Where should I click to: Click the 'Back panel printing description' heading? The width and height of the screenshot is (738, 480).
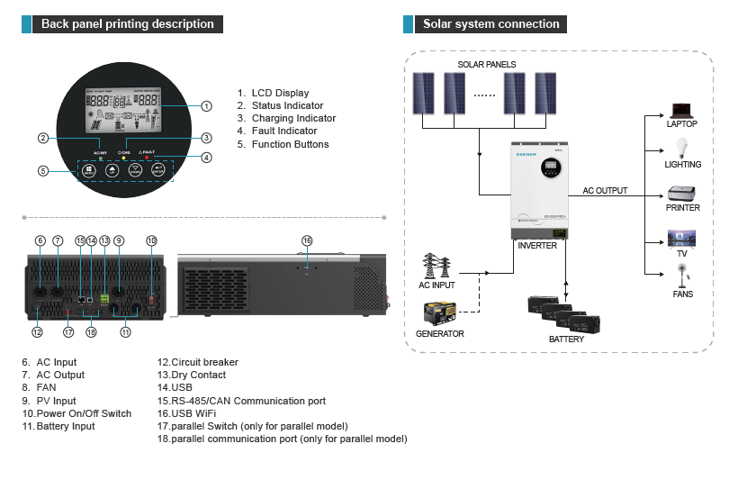[x=127, y=24]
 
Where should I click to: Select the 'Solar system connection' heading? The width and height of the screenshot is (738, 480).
[x=490, y=24]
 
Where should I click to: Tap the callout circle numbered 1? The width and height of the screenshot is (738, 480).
[x=206, y=106]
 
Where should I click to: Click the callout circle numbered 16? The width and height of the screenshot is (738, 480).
[x=307, y=240]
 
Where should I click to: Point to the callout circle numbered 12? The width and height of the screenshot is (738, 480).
[x=37, y=332]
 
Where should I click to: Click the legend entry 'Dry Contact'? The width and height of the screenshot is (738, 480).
[x=192, y=375]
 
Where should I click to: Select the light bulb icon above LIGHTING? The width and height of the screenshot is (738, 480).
[x=681, y=149]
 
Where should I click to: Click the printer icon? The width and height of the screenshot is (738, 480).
[x=681, y=194]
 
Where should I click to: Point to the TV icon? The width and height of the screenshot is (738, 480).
[x=681, y=239]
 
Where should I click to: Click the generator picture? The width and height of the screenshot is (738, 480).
[x=440, y=312]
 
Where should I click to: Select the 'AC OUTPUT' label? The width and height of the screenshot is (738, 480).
[x=605, y=191]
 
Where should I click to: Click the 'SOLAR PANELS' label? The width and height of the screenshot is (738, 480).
[x=486, y=65]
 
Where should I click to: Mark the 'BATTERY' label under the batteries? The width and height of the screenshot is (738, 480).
[x=566, y=340]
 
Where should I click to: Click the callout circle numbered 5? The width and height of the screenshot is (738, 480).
[x=42, y=171]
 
